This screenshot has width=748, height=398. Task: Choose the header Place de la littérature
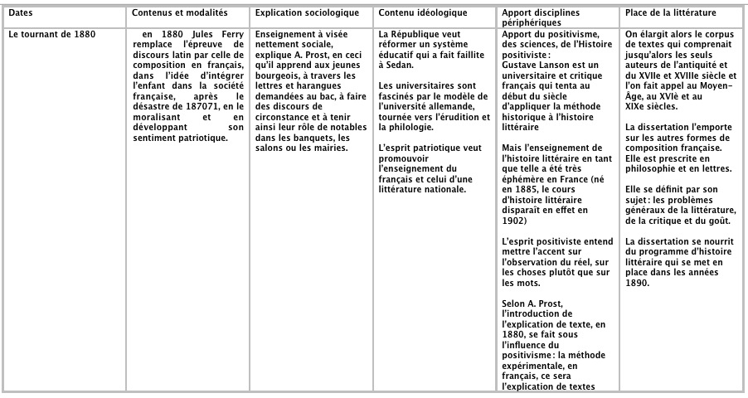[x=670, y=15]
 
